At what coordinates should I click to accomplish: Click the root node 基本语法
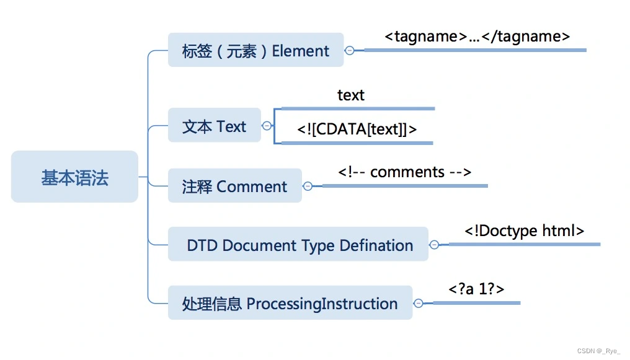[x=74, y=177]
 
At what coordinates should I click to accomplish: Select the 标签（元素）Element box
[x=255, y=50]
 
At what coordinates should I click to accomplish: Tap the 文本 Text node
[x=214, y=126]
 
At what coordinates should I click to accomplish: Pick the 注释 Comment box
[x=234, y=186]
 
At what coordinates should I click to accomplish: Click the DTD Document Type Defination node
[x=298, y=245]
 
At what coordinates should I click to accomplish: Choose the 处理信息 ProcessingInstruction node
[x=290, y=303]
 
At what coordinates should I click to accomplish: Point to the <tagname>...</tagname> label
[x=477, y=37]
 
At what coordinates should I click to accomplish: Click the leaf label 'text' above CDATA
[x=351, y=95]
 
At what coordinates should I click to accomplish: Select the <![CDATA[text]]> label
[x=357, y=130]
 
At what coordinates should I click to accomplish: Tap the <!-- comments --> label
[x=404, y=172]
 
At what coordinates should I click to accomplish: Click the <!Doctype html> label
[x=524, y=230]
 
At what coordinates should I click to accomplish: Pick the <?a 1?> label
[x=476, y=289]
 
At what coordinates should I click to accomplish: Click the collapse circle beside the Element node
[x=350, y=50]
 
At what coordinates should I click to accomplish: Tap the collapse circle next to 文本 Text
[x=267, y=126]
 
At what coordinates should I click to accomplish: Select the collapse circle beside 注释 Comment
[x=308, y=186]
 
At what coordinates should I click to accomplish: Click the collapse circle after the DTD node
[x=434, y=245]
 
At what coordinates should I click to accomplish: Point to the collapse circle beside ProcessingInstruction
[x=419, y=303]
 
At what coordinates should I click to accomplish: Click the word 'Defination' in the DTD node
[x=376, y=245]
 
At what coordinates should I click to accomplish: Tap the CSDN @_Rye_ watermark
[x=598, y=351]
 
